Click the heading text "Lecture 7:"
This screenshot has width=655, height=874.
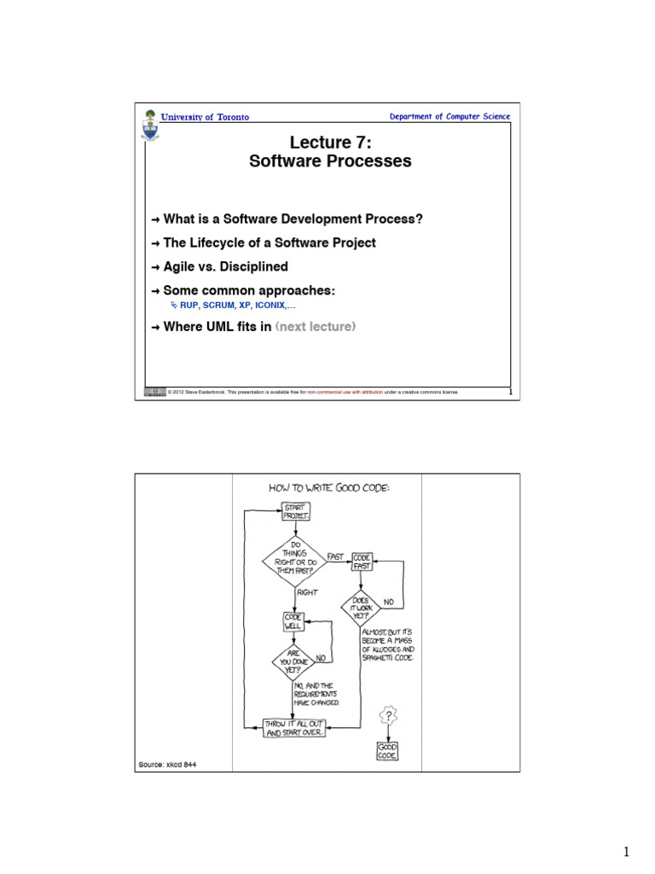point(330,141)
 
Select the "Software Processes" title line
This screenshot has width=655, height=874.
point(330,160)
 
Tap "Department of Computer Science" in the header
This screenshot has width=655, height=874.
point(449,117)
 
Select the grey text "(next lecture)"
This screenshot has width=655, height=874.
point(315,326)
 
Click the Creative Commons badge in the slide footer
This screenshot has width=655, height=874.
point(154,392)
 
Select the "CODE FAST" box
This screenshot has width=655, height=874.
point(362,562)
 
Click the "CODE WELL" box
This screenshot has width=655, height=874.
point(293,621)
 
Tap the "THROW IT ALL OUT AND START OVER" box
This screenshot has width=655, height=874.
point(294,728)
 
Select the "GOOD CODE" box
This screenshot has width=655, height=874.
point(388,751)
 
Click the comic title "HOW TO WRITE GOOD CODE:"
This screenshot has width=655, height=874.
point(328,488)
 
